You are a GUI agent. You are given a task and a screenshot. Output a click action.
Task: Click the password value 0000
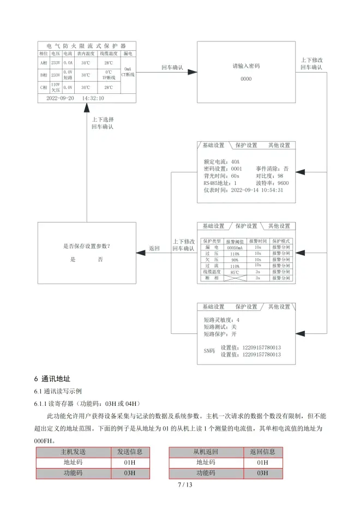[x=246, y=79]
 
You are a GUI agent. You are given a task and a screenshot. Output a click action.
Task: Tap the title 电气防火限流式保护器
[x=86, y=46]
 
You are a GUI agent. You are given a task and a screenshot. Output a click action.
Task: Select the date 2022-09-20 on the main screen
[x=60, y=98]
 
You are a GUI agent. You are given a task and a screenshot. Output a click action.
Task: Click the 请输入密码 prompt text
[x=246, y=66]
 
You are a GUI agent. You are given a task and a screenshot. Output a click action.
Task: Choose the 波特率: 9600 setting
[x=272, y=183]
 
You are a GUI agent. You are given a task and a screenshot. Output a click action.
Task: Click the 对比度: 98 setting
[x=269, y=176]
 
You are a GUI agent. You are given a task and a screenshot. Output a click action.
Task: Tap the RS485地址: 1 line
[x=220, y=183]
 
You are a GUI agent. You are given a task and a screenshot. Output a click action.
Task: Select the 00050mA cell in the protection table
[x=235, y=248]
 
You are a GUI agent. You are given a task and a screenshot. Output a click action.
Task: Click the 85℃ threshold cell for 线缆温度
[x=235, y=272]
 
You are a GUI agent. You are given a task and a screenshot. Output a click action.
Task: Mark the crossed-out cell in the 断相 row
[x=235, y=278]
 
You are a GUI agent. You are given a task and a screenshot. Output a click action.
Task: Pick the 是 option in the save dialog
[x=73, y=259]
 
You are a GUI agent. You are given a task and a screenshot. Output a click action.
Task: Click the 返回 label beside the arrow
[x=154, y=248]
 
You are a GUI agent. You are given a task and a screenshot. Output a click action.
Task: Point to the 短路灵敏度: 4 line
[x=221, y=320]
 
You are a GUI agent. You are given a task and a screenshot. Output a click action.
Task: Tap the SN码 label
[x=209, y=351]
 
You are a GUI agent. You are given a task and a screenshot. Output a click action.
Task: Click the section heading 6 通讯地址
[x=52, y=379]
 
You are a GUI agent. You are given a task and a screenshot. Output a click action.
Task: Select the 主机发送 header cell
[x=73, y=452]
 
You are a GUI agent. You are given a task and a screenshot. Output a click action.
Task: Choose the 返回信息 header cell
[x=262, y=452]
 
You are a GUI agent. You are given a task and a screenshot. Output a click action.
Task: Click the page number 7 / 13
[x=185, y=484]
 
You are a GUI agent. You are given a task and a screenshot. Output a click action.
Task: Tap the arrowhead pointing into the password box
[x=192, y=72]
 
